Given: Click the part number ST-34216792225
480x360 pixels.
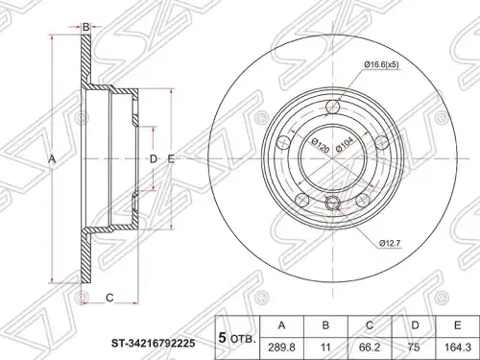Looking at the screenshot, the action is pyautogui.click(x=153, y=344).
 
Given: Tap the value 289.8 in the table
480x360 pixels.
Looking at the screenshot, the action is pyautogui.click(x=281, y=348).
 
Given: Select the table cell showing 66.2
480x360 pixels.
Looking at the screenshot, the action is pyautogui.click(x=370, y=348).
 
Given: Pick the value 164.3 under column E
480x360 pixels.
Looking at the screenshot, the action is pyautogui.click(x=458, y=348).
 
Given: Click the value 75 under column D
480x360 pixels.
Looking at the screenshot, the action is pyautogui.click(x=414, y=348).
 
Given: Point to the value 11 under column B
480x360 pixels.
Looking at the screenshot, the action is pyautogui.click(x=325, y=348).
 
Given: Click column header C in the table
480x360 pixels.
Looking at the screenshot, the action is pyautogui.click(x=370, y=325).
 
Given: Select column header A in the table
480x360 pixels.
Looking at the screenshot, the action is pyautogui.click(x=281, y=325).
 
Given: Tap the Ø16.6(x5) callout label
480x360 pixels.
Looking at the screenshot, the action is pyautogui.click(x=381, y=65).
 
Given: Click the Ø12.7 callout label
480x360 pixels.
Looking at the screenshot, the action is pyautogui.click(x=390, y=243).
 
